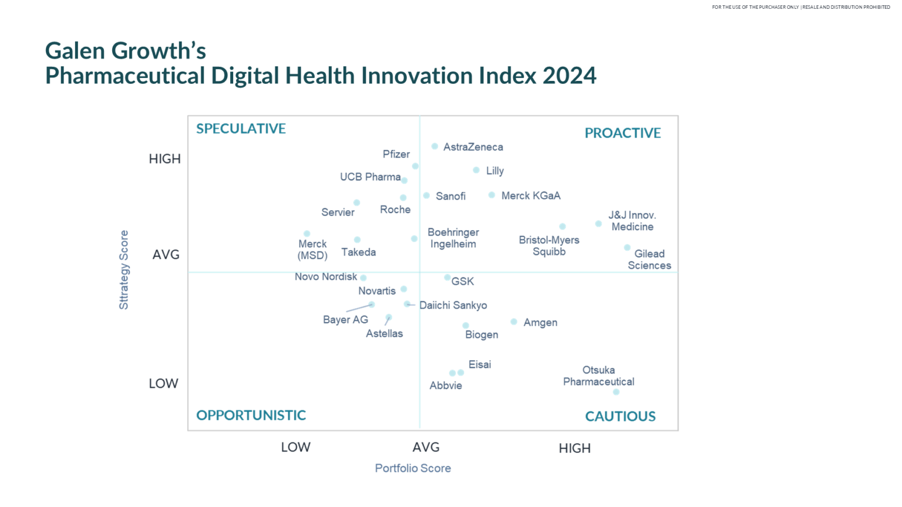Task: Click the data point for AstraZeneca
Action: tap(435, 147)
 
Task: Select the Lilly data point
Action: tap(476, 170)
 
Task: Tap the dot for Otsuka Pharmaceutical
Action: tap(616, 392)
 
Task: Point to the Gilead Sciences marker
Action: tap(627, 248)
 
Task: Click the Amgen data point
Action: tap(514, 322)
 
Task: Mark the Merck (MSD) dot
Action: tap(307, 234)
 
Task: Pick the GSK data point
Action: tap(447, 278)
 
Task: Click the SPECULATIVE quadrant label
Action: tap(241, 129)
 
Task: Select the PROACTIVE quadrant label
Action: tap(622, 133)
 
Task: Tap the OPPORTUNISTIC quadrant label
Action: tap(251, 415)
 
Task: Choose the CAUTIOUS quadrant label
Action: tap(620, 417)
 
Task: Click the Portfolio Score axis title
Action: tap(413, 468)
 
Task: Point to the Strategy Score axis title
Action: tap(124, 270)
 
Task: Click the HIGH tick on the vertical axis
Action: tap(164, 159)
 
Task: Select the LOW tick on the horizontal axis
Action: tap(295, 447)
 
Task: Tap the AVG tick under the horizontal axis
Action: tap(426, 447)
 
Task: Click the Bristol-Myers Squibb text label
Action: tap(549, 246)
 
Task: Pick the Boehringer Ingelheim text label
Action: tap(453, 238)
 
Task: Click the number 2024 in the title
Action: tap(569, 76)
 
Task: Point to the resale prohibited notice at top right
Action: tap(801, 7)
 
